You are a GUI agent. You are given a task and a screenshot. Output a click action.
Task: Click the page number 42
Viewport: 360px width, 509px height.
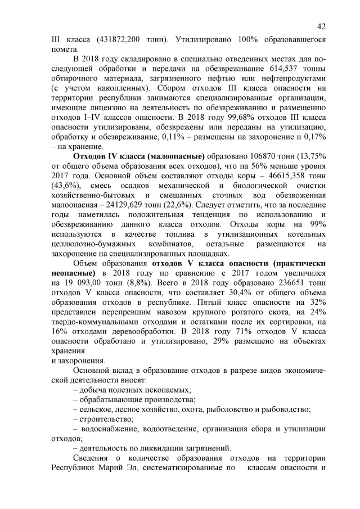coord(321,26)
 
